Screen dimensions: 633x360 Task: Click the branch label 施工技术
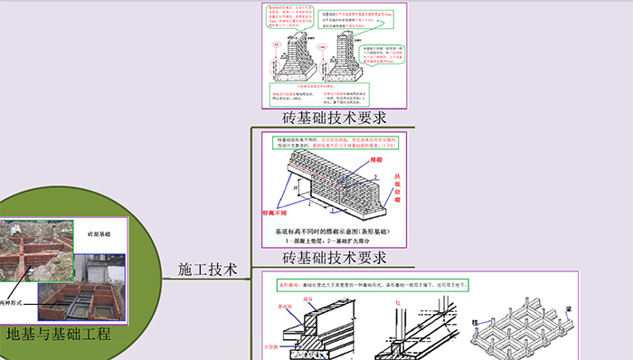point(207,269)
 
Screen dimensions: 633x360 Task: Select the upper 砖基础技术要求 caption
point(334,118)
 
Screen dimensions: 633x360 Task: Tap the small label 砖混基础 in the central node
point(99,234)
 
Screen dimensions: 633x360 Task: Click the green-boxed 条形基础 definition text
point(380,283)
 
